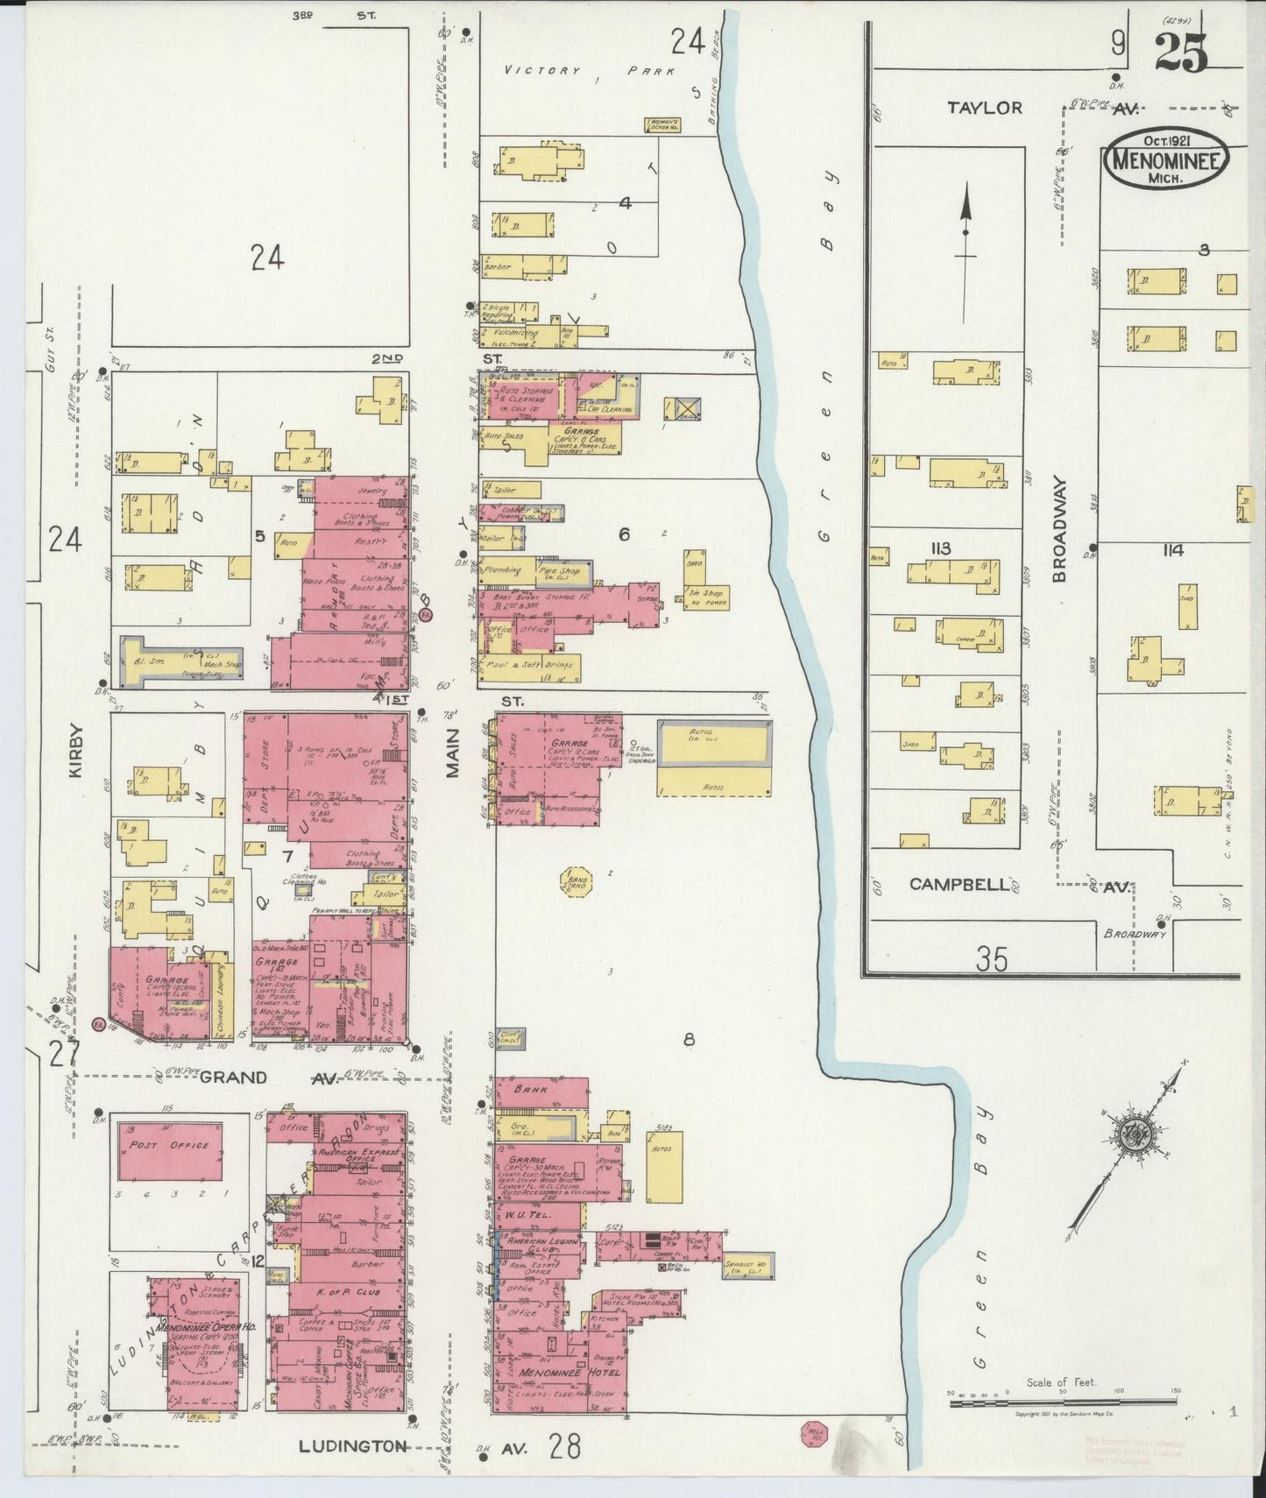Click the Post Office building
(169, 1146)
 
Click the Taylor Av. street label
(985, 108)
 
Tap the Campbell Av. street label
(959, 885)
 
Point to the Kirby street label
(74, 751)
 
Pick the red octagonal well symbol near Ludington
(813, 1433)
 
